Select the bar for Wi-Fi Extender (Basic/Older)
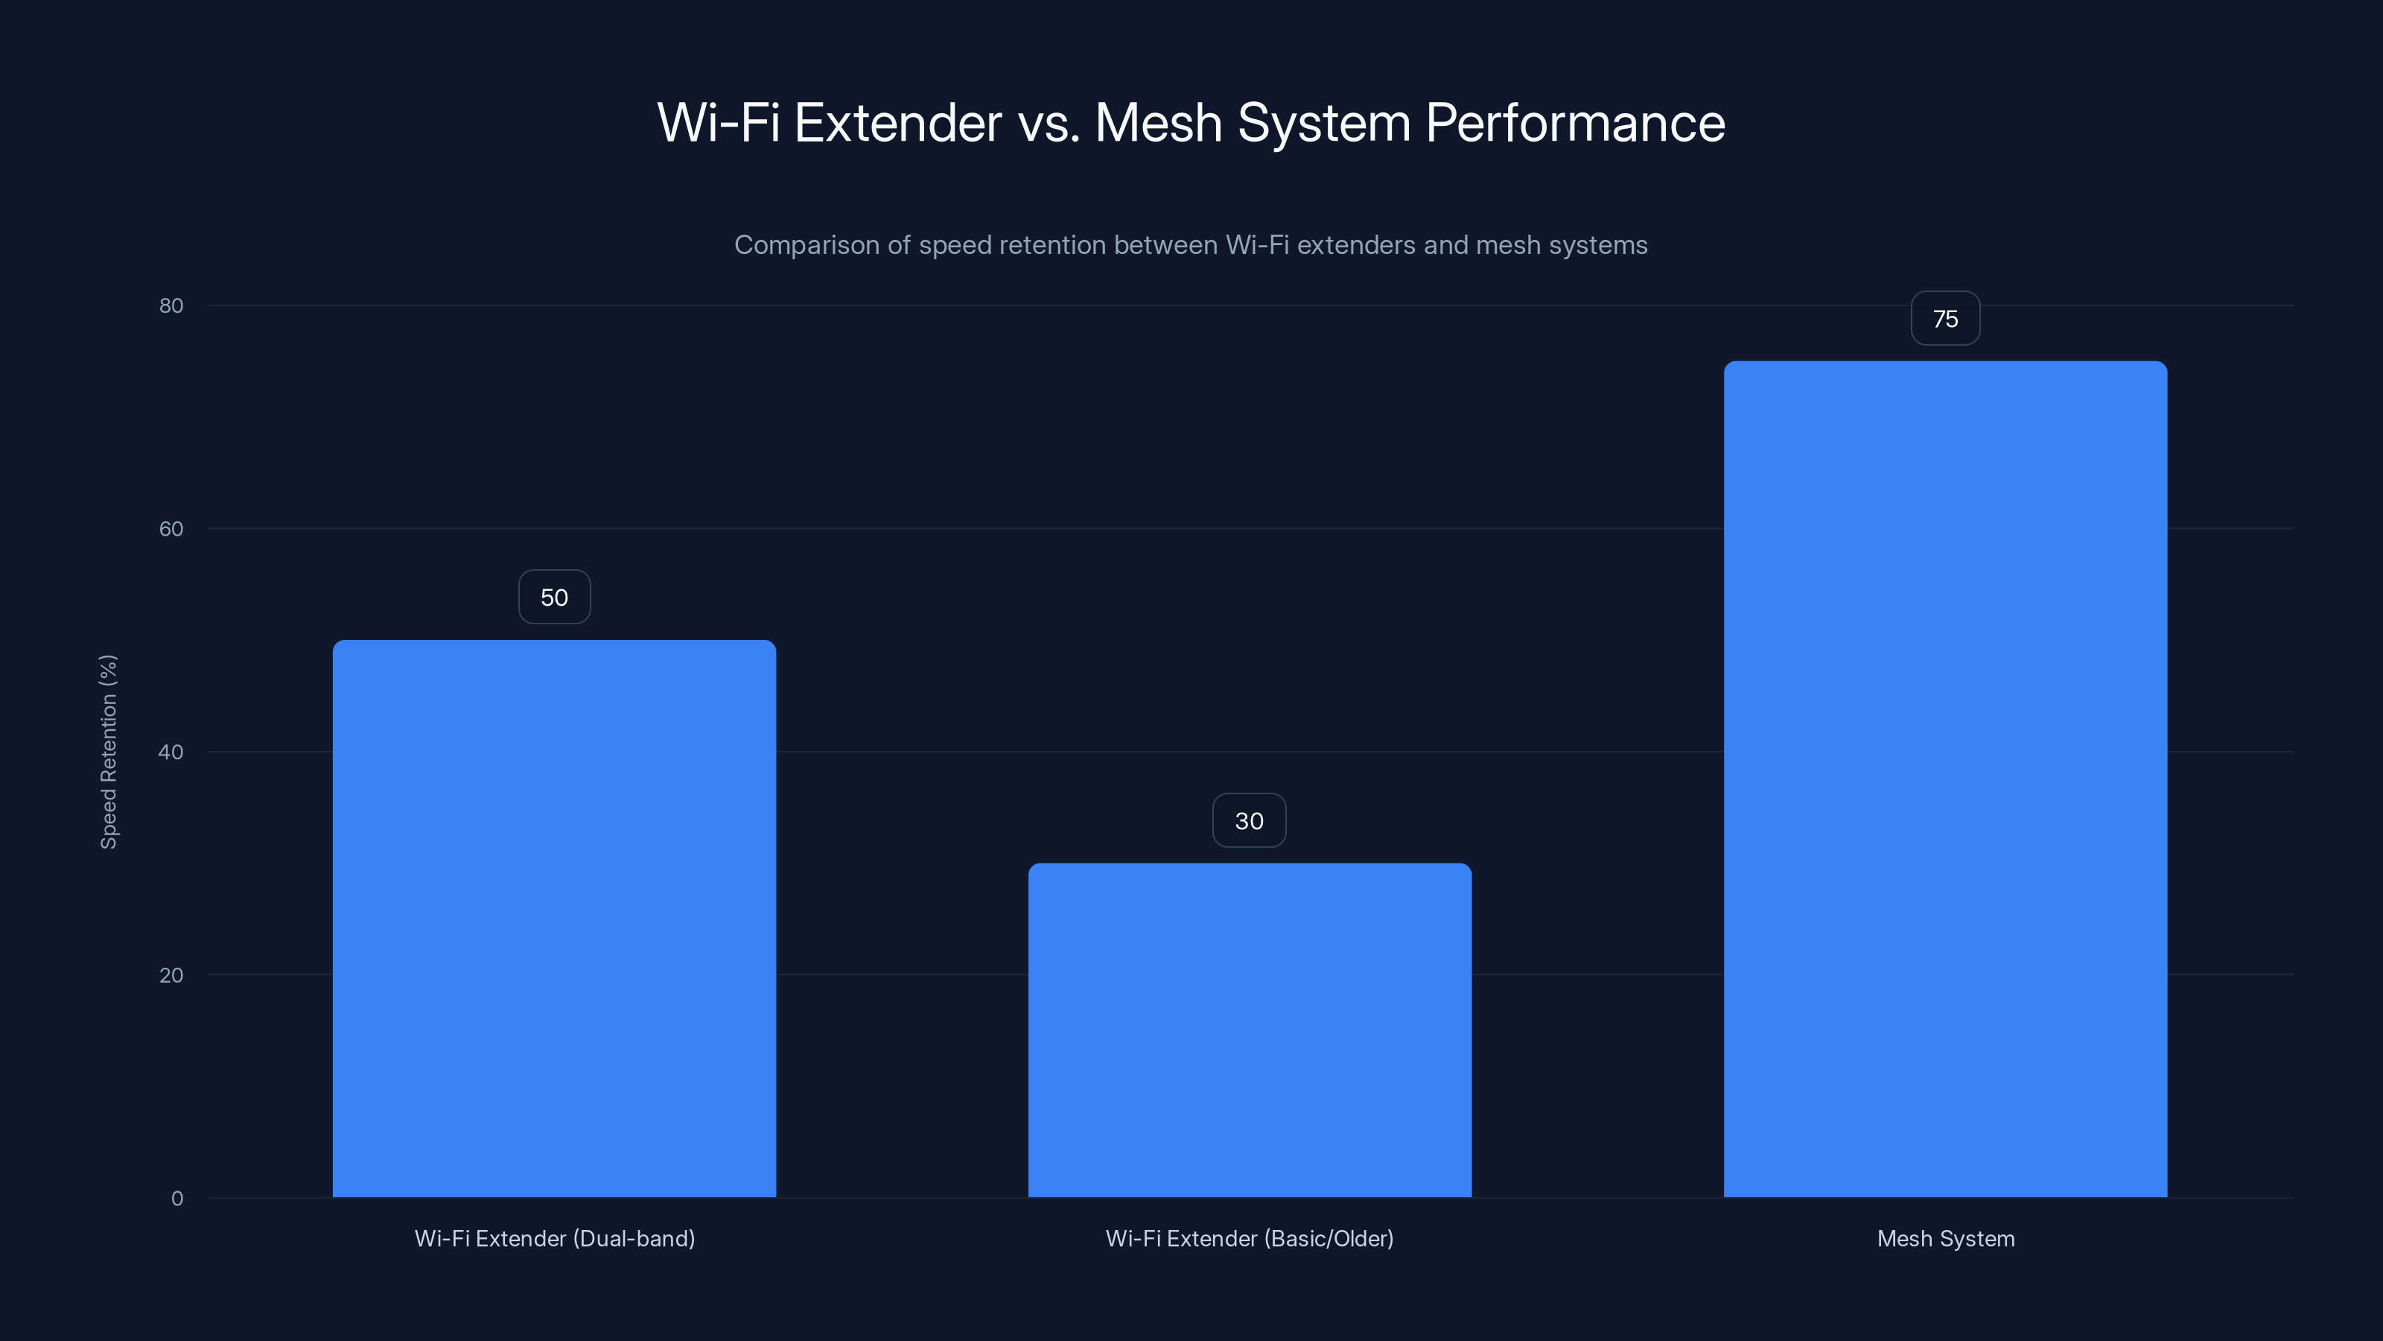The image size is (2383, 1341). click(x=1250, y=1030)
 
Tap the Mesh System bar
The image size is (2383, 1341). click(x=1945, y=779)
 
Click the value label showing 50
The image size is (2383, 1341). click(x=554, y=597)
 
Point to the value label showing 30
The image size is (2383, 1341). click(x=1249, y=821)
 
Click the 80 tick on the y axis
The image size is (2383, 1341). click(x=171, y=306)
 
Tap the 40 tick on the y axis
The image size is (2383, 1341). click(x=171, y=752)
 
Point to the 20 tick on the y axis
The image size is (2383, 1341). click(x=171, y=975)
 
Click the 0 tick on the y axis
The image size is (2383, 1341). click(x=176, y=1199)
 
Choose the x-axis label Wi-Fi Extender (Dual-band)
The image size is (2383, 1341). click(x=554, y=1239)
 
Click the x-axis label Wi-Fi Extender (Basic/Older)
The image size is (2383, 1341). click(x=1250, y=1239)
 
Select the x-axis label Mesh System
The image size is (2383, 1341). click(x=1945, y=1239)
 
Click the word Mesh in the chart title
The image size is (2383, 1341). click(x=1158, y=123)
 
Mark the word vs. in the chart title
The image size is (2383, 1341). click(x=1048, y=123)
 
